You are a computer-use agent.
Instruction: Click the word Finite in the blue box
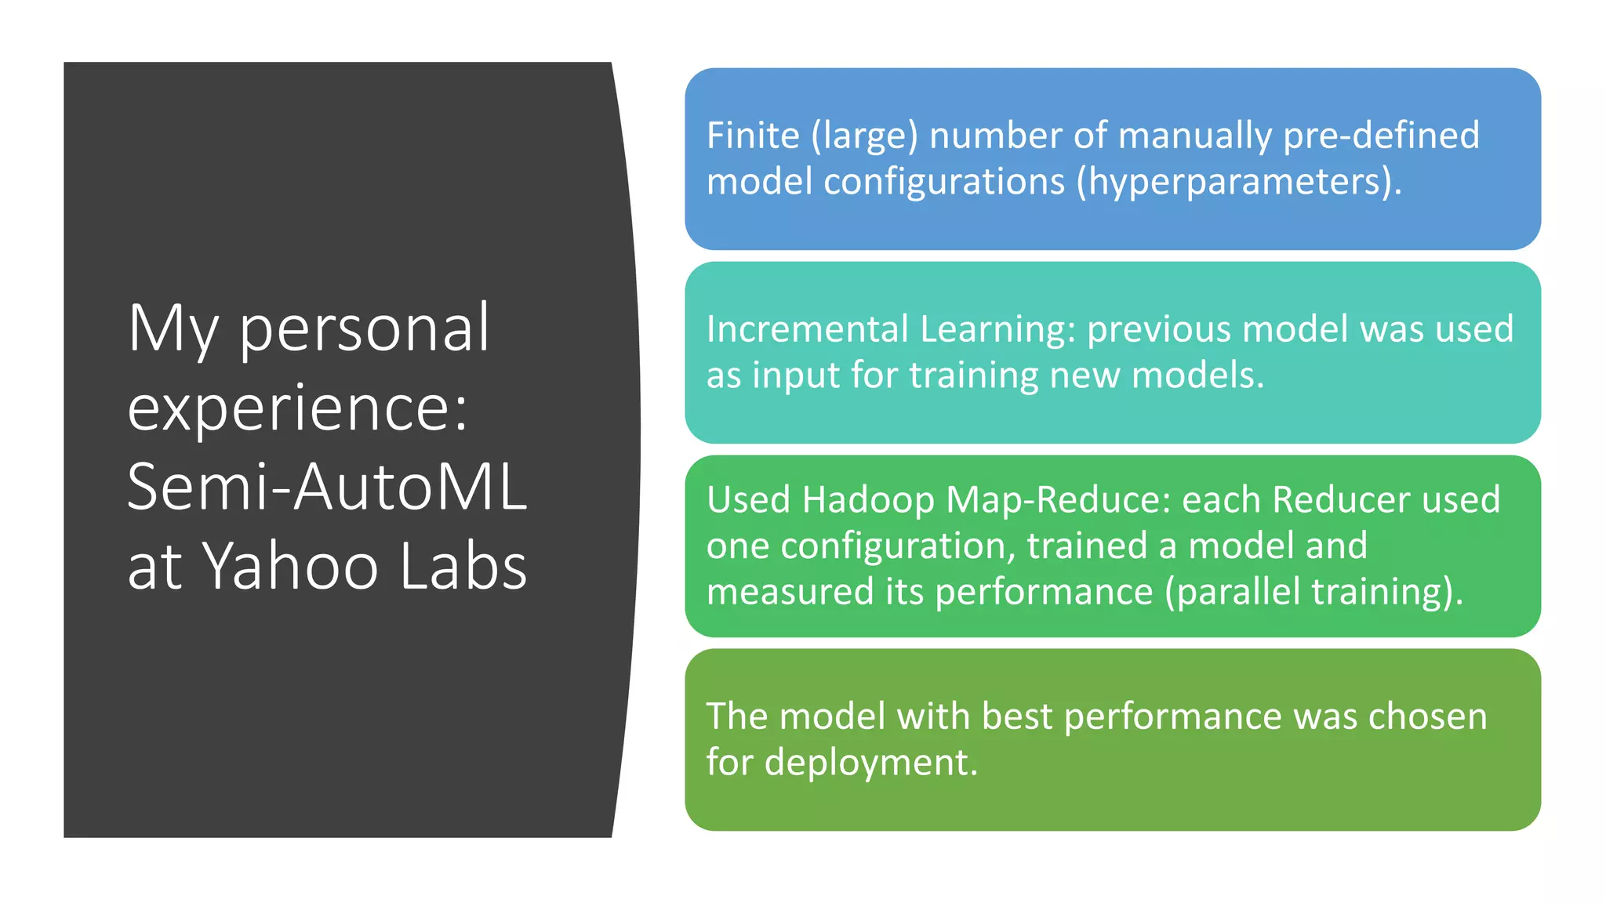click(752, 136)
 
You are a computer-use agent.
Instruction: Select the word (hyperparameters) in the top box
click(1239, 183)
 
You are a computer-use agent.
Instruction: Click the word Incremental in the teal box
click(807, 329)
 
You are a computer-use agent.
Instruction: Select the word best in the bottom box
click(1016, 716)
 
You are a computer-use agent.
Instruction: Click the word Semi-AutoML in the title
click(327, 487)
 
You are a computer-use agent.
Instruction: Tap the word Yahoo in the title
click(291, 567)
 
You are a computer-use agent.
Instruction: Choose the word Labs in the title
click(463, 567)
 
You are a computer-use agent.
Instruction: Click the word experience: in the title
click(298, 408)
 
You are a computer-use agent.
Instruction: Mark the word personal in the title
click(364, 329)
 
